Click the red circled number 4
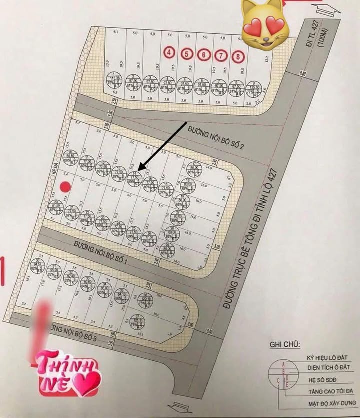click(170, 52)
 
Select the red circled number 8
click(238, 56)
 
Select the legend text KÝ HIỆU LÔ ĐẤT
click(327, 358)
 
